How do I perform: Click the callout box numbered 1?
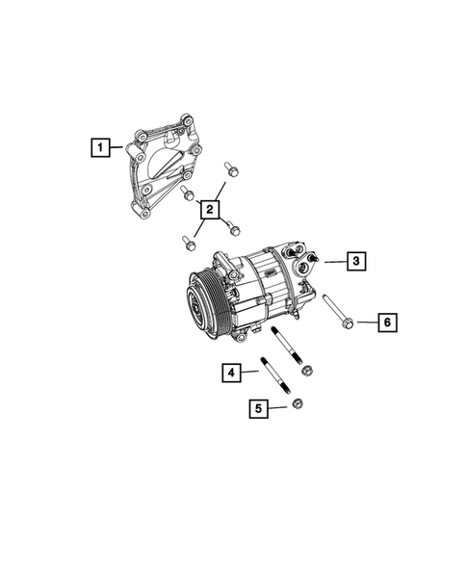98,147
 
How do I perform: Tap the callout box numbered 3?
355,261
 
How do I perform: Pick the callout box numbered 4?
230,371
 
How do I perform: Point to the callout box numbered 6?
384,322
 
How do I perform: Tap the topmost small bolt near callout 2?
231,171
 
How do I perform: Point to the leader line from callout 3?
332,261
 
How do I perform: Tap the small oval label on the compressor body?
271,274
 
